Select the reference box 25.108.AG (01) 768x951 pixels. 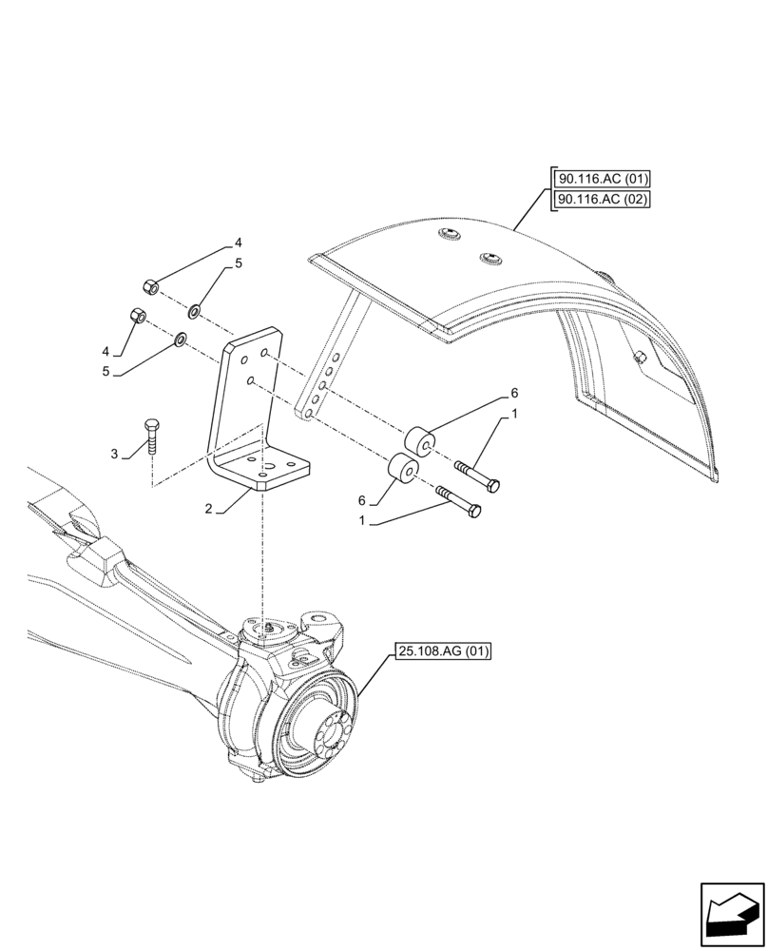(440, 652)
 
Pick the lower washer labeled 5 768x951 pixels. (180, 338)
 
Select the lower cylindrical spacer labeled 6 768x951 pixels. (400, 472)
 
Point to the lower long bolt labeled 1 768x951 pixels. (459, 501)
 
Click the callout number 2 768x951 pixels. (207, 509)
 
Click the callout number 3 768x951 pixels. (114, 455)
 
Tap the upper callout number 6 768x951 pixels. (514, 393)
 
